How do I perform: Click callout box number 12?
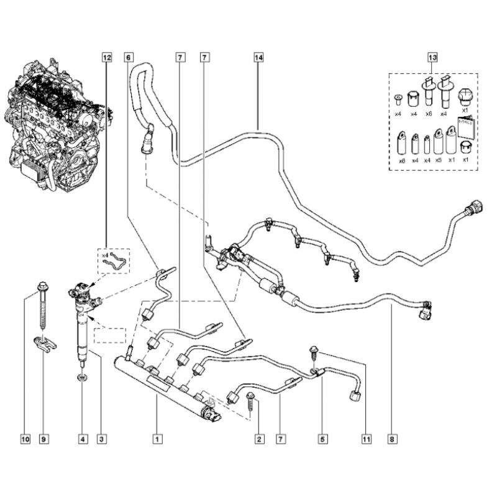point(107,57)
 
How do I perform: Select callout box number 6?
point(128,57)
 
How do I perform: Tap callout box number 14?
point(258,57)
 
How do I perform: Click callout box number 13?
point(432,57)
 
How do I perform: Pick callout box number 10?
point(25,439)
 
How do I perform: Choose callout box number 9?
point(43,439)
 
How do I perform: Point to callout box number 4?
point(83,439)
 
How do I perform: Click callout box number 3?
point(101,439)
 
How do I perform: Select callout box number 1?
point(158,439)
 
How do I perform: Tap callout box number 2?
point(259,439)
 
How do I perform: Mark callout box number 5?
point(322,439)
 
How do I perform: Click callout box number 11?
point(366,439)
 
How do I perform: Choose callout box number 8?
point(392,439)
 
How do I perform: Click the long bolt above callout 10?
point(42,305)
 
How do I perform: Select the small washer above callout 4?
point(83,378)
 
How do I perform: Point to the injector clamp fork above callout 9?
point(45,344)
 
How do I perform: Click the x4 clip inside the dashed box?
point(115,260)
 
